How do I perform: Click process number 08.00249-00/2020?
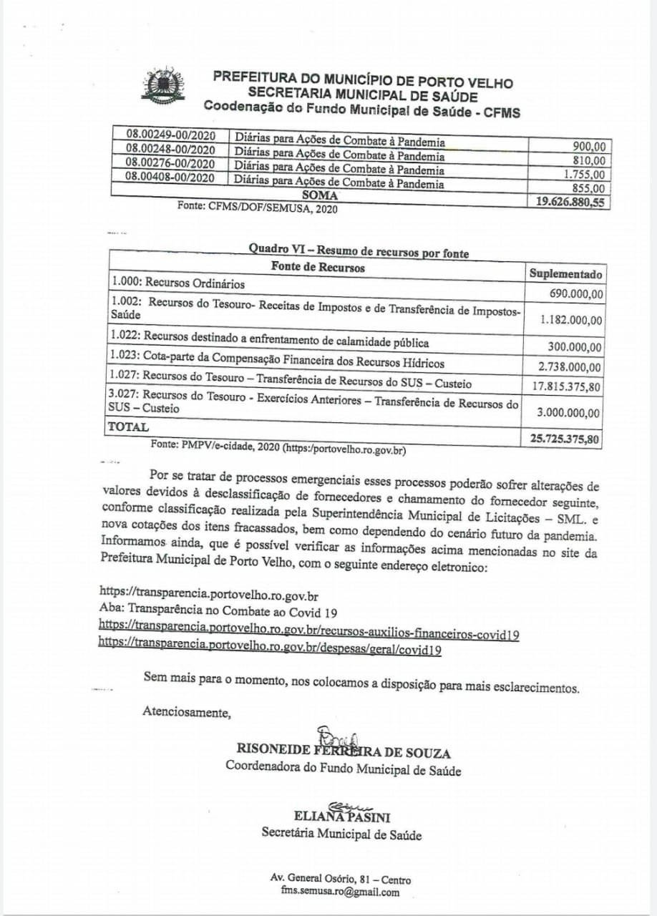170,135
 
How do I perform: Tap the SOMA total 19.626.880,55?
570,203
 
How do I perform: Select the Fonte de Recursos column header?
317,268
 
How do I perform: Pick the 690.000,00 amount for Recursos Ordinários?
575,293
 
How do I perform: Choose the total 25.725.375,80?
565,439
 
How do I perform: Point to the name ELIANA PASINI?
341,817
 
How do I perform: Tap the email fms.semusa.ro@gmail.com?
340,892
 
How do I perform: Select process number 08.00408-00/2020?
170,177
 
